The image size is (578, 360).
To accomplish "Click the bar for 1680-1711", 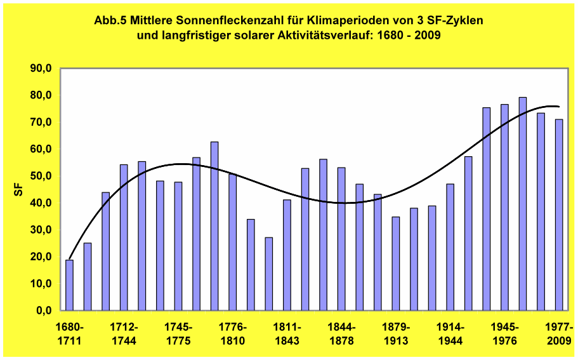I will tap(69, 285).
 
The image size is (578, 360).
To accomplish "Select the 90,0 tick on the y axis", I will tap(41, 69).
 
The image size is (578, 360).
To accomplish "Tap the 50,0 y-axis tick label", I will tap(41, 177).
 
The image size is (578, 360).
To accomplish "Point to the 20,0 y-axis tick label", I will tap(41, 257).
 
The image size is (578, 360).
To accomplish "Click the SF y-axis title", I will tap(18, 190).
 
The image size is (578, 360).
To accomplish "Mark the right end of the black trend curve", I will tap(559, 106).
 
